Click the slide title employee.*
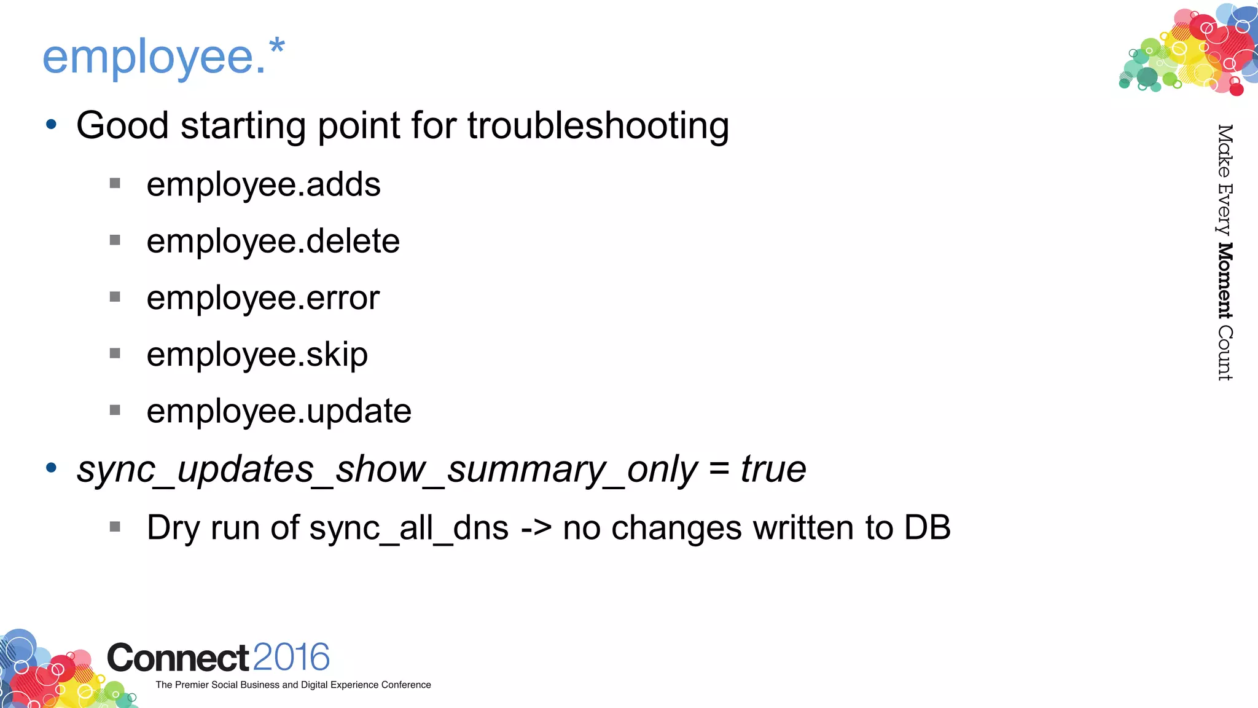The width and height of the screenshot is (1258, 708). [163, 57]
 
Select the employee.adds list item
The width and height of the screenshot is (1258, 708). [264, 184]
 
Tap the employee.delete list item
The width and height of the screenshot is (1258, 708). [273, 241]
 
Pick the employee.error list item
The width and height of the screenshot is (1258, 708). [263, 298]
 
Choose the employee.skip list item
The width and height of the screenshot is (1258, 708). [257, 355]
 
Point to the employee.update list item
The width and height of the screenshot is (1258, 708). [279, 411]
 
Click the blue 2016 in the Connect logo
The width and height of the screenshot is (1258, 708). [291, 657]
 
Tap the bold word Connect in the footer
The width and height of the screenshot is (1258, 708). [178, 658]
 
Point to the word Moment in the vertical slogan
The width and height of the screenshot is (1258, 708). [1225, 281]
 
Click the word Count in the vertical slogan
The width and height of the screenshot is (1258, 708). [1225, 353]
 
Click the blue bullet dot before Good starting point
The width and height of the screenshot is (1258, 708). [52, 125]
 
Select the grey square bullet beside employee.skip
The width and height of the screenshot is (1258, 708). [115, 353]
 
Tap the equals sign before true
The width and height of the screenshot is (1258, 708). [719, 470]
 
